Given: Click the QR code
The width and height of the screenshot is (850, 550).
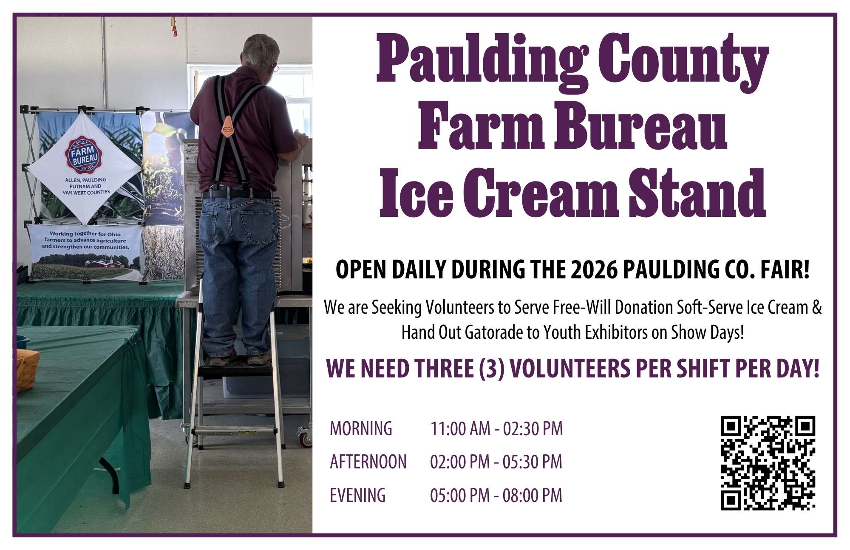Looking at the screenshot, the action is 768,463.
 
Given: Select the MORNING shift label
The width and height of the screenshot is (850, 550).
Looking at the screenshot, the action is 361,428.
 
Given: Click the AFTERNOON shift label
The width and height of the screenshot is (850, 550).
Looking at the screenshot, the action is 368,462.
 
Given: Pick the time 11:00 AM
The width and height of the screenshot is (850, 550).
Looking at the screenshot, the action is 460,428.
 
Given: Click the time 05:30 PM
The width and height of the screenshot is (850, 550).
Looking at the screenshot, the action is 533,462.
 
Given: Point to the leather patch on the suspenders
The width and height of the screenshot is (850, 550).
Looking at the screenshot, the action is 228,125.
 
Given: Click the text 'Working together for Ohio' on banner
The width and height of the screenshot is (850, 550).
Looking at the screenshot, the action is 85,234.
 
